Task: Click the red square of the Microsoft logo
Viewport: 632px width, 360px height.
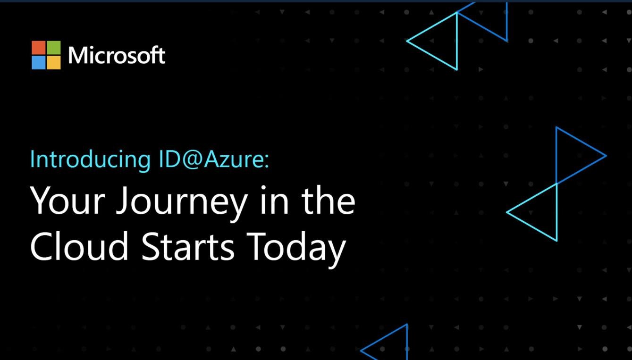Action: [39, 48]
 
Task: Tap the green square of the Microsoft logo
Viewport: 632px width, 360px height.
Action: [54, 48]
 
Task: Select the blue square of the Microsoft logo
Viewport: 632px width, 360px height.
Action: [39, 63]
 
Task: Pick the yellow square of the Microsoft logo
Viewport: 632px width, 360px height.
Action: [54, 63]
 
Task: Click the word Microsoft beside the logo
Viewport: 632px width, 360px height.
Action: [117, 55]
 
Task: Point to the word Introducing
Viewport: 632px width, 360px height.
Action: [91, 159]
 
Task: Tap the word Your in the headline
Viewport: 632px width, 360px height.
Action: [67, 201]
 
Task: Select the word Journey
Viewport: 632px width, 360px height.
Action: [182, 204]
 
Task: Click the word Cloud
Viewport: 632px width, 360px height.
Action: [79, 245]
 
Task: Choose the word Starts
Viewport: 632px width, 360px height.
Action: [188, 246]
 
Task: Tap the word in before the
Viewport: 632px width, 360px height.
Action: [274, 201]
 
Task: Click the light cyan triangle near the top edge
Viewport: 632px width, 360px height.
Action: [457, 41]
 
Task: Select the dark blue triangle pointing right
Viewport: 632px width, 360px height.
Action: [556, 155]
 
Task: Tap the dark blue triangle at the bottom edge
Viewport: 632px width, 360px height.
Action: [406, 342]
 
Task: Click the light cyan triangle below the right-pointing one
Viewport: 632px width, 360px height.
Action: [556, 212]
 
